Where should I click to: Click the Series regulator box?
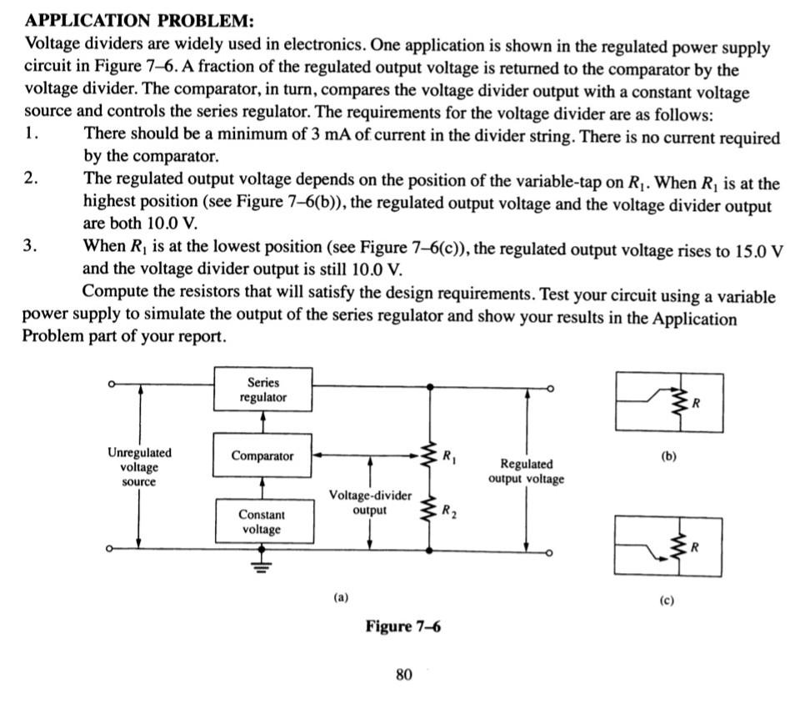click(x=263, y=390)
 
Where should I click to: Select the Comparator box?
click(x=262, y=455)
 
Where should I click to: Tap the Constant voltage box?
click(x=264, y=521)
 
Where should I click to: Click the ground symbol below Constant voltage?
click(x=261, y=566)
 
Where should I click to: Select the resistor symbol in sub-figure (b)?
click(x=680, y=402)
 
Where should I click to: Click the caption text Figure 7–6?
click(x=403, y=626)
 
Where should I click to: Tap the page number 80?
click(x=404, y=674)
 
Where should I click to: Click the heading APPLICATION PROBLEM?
click(x=139, y=21)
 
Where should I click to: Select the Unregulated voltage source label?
click(x=139, y=467)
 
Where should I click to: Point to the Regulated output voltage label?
click(x=526, y=471)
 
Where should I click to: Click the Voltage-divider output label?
click(x=370, y=502)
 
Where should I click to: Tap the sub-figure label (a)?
click(x=341, y=598)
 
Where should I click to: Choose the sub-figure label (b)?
click(x=668, y=456)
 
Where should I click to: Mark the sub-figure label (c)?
click(x=667, y=601)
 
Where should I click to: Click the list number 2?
click(x=30, y=179)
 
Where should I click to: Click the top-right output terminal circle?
click(x=551, y=389)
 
